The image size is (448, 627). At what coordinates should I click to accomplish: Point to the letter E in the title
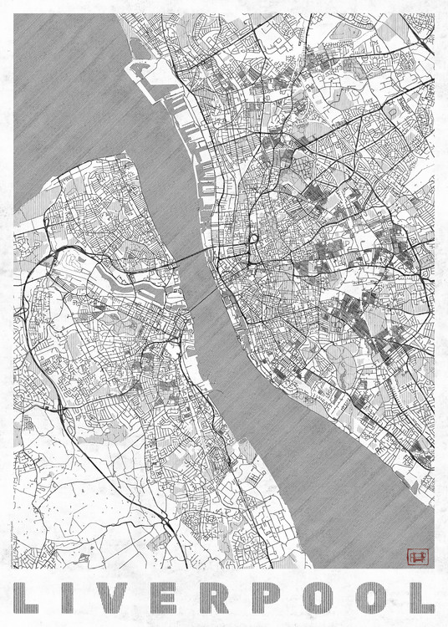pyautogui.click(x=171, y=595)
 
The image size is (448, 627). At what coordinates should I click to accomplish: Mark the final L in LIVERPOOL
pyautogui.click(x=423, y=595)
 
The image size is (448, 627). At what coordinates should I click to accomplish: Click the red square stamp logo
pyautogui.click(x=415, y=555)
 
